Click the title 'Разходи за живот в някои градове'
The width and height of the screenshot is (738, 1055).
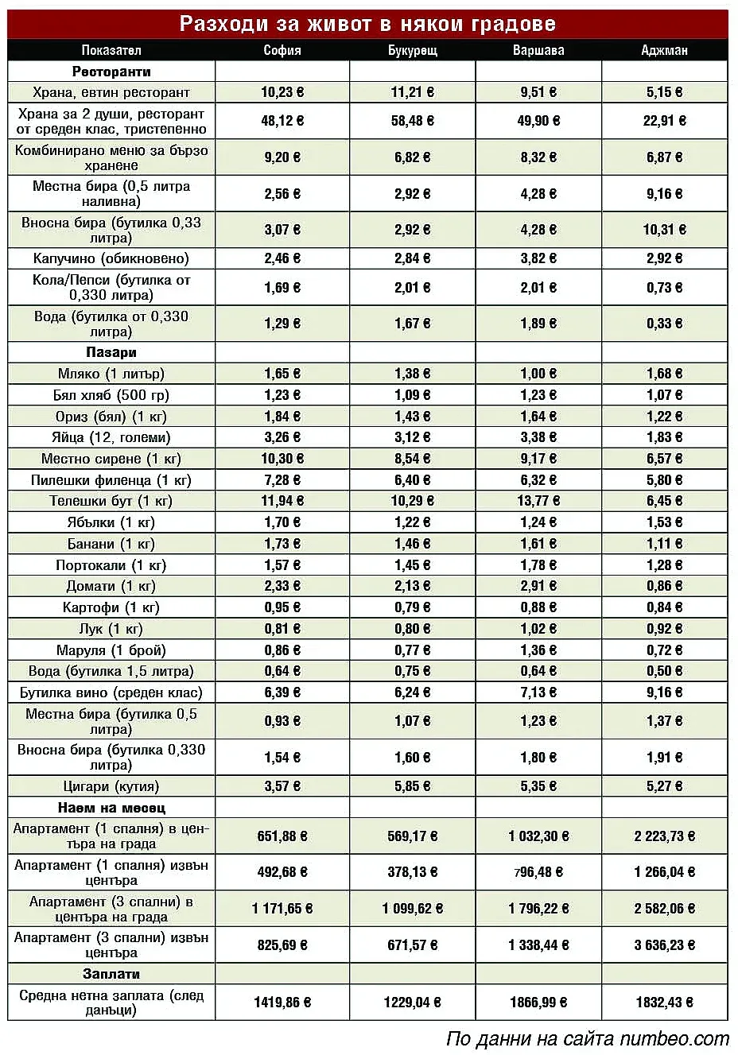[x=367, y=24]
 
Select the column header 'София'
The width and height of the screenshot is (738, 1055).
[x=282, y=50]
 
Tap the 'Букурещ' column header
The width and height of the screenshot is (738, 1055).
[x=412, y=50]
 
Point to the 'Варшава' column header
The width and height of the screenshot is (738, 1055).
[x=538, y=50]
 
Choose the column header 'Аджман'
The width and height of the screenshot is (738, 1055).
[x=664, y=50]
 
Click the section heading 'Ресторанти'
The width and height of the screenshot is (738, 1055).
[x=111, y=72]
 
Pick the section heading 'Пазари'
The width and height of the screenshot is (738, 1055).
[x=111, y=352]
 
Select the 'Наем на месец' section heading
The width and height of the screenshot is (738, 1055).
[x=111, y=808]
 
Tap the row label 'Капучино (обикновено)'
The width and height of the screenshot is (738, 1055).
[x=111, y=258]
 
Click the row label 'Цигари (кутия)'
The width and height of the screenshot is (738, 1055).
[x=111, y=786]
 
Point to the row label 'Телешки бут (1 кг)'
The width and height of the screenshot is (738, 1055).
[x=111, y=501]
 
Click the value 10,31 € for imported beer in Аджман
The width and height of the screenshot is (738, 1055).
[x=664, y=230]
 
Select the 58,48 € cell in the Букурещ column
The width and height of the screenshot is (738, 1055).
[x=412, y=121]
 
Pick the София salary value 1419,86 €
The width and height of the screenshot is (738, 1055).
[x=282, y=1003]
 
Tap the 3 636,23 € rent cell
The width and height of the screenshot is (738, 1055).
[x=664, y=945]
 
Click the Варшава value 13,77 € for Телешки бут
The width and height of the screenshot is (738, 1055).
[x=538, y=501]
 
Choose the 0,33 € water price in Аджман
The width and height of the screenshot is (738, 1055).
[x=664, y=324]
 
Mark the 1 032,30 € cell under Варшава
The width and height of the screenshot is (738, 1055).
[x=538, y=836]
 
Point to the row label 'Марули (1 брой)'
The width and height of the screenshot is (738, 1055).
[x=111, y=650]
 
